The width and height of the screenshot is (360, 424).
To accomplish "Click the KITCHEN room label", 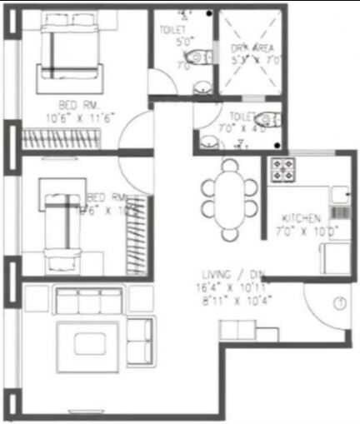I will tap(302, 217).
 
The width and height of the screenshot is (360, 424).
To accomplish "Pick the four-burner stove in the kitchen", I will tap(284, 169).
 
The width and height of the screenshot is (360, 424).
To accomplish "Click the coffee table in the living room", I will tap(82, 343).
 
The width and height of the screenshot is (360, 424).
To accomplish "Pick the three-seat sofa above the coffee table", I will tap(91, 299).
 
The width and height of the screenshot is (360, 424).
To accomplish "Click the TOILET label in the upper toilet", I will tap(172, 30).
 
